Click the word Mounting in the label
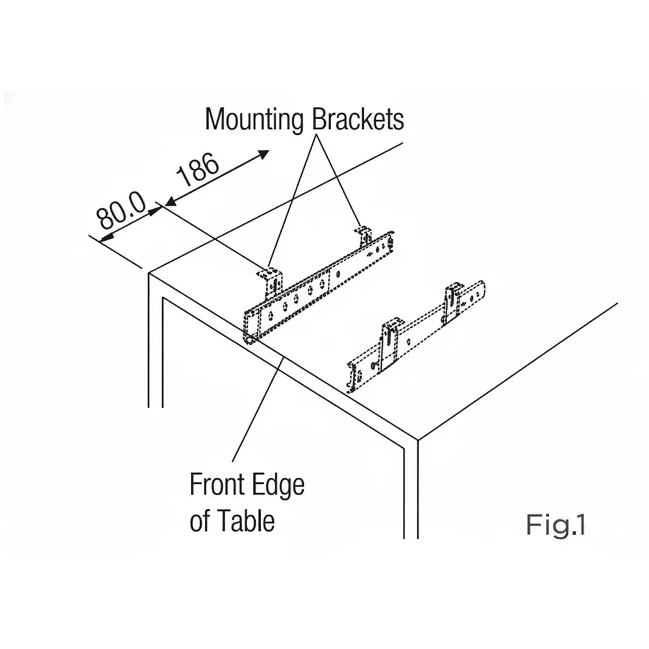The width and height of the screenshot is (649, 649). point(254,120)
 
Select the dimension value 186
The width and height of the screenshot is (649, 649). point(198,171)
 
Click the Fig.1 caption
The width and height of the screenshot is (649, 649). point(556,524)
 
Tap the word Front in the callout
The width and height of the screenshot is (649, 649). point(217,485)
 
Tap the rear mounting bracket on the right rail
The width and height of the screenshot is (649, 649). point(453,300)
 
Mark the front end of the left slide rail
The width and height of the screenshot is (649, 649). point(251,328)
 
